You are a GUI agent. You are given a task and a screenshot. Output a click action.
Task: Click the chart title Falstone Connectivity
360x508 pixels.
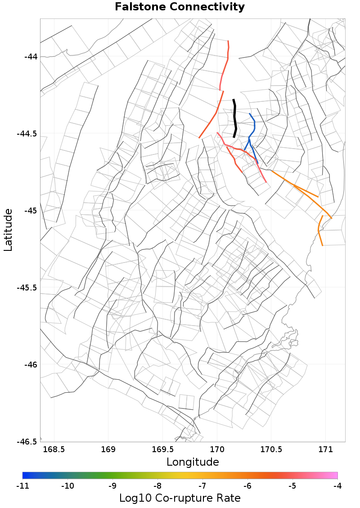(180, 7)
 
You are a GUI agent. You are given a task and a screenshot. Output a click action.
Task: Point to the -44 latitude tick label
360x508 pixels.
(31, 57)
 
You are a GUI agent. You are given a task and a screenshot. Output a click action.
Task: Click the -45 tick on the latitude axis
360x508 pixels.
(31, 211)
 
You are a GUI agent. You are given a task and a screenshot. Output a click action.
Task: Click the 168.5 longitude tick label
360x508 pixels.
(54, 449)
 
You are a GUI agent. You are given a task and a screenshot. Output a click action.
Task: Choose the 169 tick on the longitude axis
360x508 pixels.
(108, 449)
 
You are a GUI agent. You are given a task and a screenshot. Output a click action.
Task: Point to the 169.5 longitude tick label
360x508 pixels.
(162, 449)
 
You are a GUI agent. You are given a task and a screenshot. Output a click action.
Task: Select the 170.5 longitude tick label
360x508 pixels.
(271, 449)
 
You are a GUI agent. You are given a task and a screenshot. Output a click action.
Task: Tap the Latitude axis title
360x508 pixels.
(8, 230)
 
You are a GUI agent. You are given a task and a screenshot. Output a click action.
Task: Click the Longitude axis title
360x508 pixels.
(193, 462)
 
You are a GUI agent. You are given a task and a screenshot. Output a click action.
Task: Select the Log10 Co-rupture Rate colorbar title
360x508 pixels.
(180, 498)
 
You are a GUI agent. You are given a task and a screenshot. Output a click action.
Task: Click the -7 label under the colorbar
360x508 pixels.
(202, 486)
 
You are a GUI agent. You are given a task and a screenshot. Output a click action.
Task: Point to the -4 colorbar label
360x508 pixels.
(337, 486)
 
